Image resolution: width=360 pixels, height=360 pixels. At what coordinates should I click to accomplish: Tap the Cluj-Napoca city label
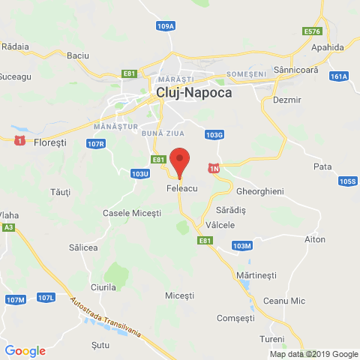point(194,93)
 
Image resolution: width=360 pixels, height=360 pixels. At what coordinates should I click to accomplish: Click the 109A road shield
point(166,26)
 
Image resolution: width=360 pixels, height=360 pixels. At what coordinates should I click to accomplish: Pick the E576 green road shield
point(313,31)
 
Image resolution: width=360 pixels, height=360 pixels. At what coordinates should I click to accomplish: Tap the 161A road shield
point(339,76)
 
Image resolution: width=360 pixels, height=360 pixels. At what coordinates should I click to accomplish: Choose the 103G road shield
point(214,135)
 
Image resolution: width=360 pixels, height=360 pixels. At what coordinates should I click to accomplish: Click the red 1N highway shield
point(214,169)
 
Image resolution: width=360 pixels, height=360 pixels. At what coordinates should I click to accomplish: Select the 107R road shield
point(95,144)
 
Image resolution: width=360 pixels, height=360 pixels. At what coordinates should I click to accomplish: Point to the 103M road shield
point(241,246)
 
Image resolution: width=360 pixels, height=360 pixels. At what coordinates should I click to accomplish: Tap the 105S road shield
point(347,181)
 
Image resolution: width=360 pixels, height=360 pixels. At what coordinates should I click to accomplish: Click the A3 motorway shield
point(8,226)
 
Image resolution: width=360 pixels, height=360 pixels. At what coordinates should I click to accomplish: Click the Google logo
point(25,350)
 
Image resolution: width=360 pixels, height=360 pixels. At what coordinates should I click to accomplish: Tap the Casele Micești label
point(131,213)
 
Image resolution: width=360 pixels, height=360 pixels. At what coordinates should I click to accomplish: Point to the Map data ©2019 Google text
point(313,354)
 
